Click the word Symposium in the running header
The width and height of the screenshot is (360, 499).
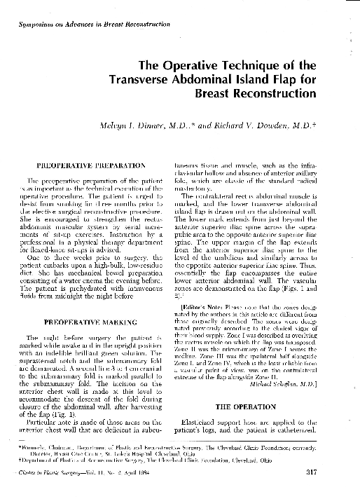tap(34, 25)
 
